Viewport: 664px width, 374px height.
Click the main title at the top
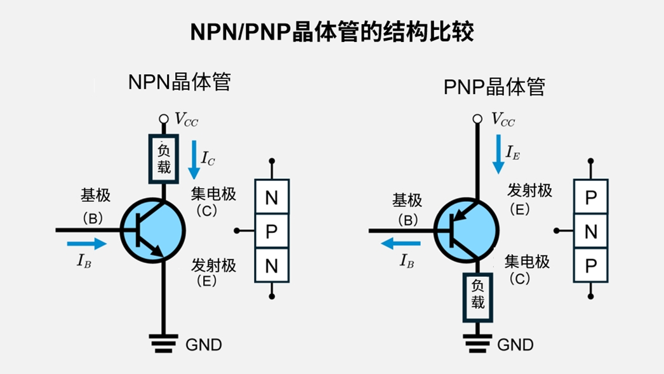point(331,32)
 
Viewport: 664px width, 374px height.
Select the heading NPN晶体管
point(179,83)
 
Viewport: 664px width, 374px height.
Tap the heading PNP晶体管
point(494,86)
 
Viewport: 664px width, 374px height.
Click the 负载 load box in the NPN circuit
point(164,158)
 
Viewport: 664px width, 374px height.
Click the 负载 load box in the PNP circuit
point(477,295)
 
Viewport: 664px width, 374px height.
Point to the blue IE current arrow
point(498,154)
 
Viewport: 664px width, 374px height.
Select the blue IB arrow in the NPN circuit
point(86,243)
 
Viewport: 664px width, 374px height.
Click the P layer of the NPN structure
point(272,232)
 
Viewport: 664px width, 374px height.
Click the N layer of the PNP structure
point(590,232)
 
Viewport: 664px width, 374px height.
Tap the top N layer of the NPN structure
point(272,197)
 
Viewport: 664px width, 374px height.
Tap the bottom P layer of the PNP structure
point(590,266)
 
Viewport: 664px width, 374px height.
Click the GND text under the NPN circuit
point(204,345)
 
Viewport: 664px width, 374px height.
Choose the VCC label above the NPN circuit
point(186,119)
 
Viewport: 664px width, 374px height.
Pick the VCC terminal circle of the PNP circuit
point(477,119)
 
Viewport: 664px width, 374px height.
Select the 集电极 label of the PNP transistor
point(527,261)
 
